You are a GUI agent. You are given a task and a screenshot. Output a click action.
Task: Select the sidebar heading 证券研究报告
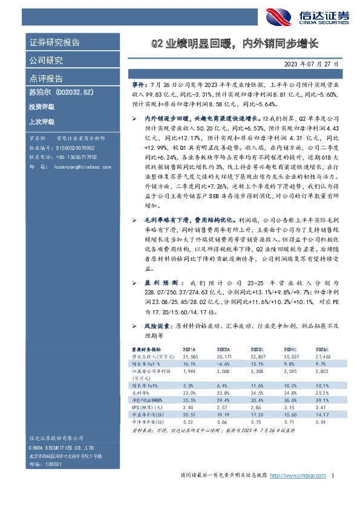pyautogui.click(x=54, y=42)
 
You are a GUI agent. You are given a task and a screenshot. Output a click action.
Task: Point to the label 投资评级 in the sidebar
pyautogui.click(x=41, y=106)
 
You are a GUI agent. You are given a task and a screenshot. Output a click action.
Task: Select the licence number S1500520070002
pyautogui.click(x=74, y=146)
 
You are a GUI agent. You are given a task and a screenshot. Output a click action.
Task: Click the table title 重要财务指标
pyautogui.click(x=146, y=350)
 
